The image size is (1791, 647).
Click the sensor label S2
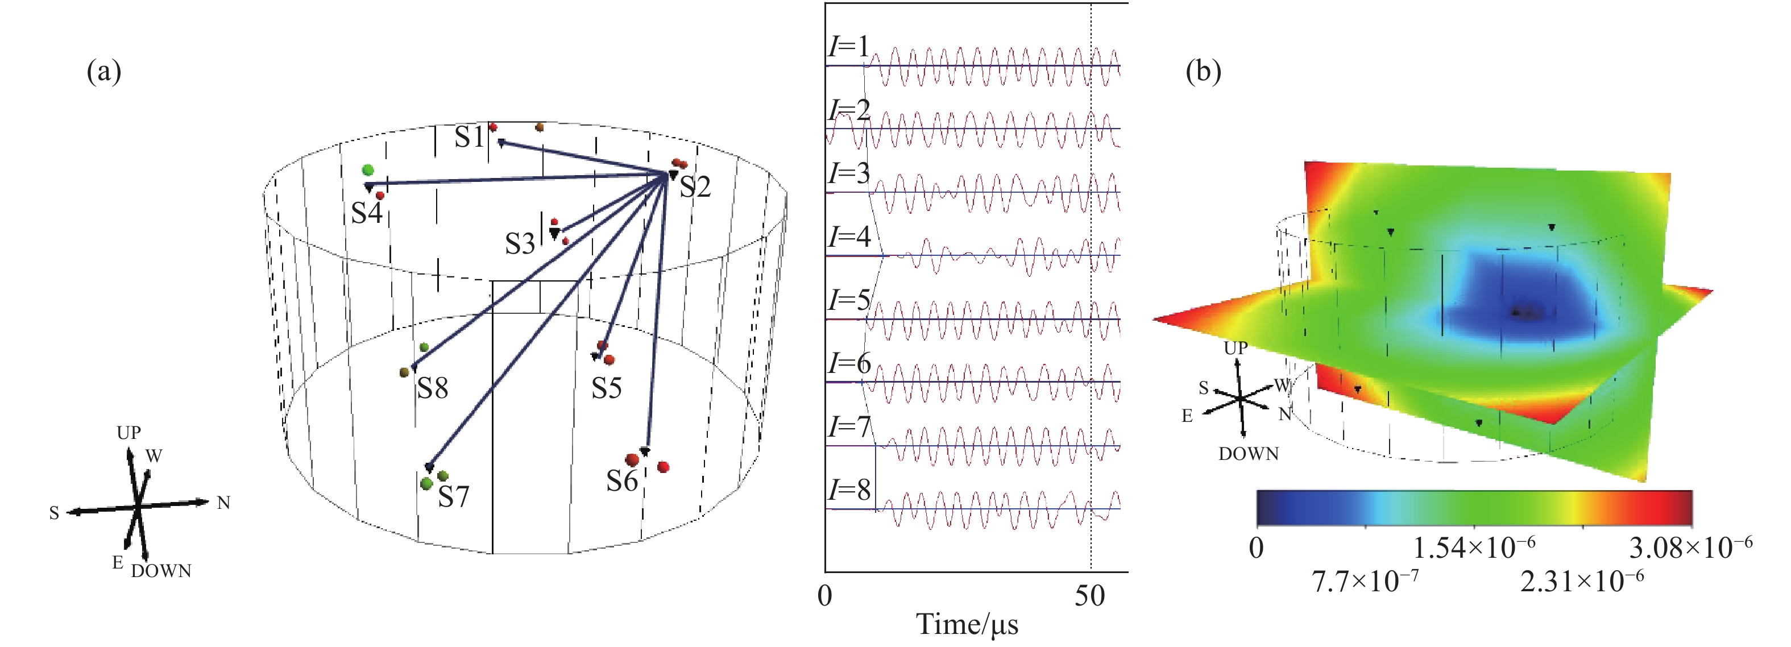pyautogui.click(x=695, y=186)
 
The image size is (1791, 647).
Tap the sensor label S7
pyautogui.click(x=453, y=496)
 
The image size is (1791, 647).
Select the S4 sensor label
pyautogui.click(x=366, y=213)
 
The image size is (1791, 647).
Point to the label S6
pyautogui.click(x=621, y=481)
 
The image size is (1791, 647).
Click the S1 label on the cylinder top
pyautogui.click(x=469, y=137)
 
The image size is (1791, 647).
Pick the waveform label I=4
pyautogui.click(x=849, y=237)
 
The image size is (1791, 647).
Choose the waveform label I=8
pyautogui.click(x=849, y=490)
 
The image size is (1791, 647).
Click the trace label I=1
pyautogui.click(x=849, y=47)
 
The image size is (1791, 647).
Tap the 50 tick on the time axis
pyautogui.click(x=1089, y=596)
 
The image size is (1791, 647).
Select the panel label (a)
pyautogui.click(x=103, y=71)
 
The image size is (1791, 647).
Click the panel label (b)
pyautogui.click(x=1203, y=71)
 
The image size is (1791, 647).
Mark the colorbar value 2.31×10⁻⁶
pyautogui.click(x=1582, y=581)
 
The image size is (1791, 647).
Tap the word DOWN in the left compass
pyautogui.click(x=160, y=571)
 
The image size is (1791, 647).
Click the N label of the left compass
pyautogui.click(x=223, y=503)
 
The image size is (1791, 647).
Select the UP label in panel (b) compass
pyautogui.click(x=1236, y=347)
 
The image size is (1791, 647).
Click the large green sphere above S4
pyautogui.click(x=368, y=170)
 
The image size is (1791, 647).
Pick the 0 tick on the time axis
pyautogui.click(x=825, y=596)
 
